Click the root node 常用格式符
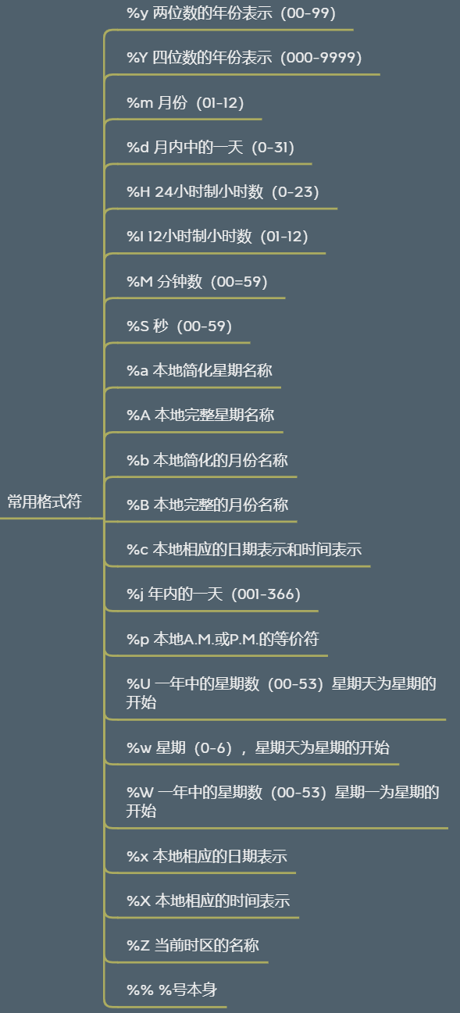[x=45, y=501]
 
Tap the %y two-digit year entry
[x=231, y=13]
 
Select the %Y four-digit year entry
[x=244, y=58]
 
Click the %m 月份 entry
[x=185, y=102]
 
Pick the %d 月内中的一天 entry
[x=210, y=147]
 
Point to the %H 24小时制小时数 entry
[x=223, y=192]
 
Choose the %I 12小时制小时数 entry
[x=218, y=236]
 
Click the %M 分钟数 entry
[x=198, y=281]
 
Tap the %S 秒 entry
[x=179, y=326]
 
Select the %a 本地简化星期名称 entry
[x=199, y=370]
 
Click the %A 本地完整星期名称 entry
[x=201, y=415]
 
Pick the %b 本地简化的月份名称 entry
[x=207, y=460]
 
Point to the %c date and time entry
[x=244, y=549]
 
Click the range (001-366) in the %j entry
[x=266, y=594]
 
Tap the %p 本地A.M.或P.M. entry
[x=223, y=639]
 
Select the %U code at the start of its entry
[x=138, y=683]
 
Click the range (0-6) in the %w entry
[x=213, y=747]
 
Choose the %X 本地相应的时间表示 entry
[x=209, y=901]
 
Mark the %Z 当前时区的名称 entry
[x=193, y=945]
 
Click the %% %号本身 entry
[x=172, y=990]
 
